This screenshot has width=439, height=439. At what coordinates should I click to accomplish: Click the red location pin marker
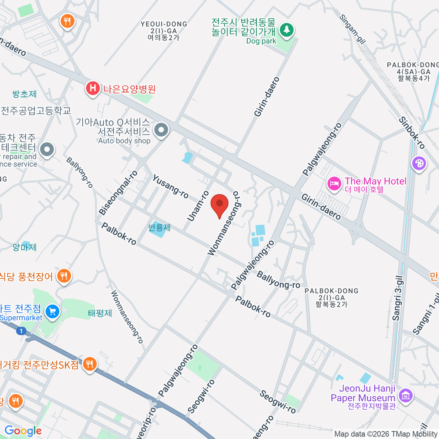click(219, 204)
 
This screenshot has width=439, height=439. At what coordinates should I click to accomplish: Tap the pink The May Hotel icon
click(334, 183)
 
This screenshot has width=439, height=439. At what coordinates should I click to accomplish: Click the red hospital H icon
click(93, 89)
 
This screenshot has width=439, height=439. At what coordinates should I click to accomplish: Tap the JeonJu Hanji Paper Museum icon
click(405, 395)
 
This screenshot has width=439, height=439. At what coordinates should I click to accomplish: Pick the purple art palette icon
click(419, 163)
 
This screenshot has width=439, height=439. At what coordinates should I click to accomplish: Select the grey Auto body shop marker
click(161, 130)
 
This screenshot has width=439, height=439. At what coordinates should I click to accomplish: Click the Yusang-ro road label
click(170, 187)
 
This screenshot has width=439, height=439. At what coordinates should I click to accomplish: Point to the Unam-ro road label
click(198, 206)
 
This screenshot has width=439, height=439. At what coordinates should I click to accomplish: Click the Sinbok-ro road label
click(412, 133)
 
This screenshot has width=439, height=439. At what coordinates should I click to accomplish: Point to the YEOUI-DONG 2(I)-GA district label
click(164, 30)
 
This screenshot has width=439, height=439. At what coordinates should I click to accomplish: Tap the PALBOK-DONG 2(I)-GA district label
click(331, 297)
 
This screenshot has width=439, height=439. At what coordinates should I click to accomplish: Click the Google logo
click(23, 431)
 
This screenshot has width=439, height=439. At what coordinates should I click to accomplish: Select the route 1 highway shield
click(21, 331)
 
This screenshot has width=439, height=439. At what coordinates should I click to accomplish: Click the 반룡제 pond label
click(160, 228)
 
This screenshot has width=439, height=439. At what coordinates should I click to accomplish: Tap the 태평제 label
click(100, 313)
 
